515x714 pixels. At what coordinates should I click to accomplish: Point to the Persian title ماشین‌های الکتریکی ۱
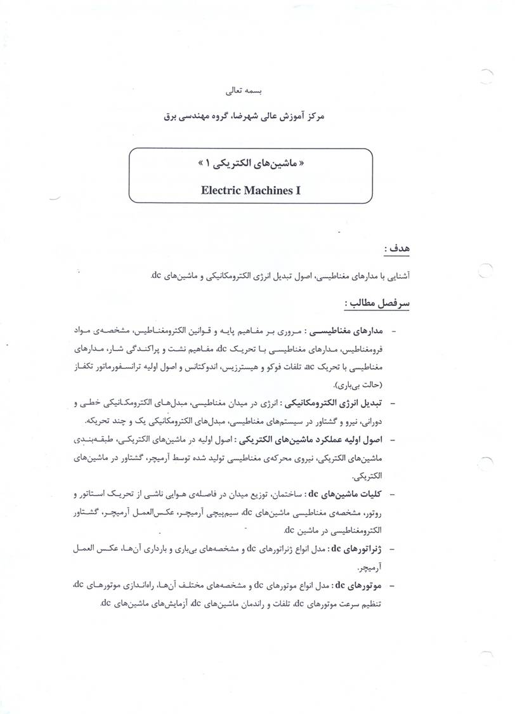point(251,163)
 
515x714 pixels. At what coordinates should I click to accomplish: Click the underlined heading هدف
point(394,248)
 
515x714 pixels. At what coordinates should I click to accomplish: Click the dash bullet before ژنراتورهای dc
point(394,547)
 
